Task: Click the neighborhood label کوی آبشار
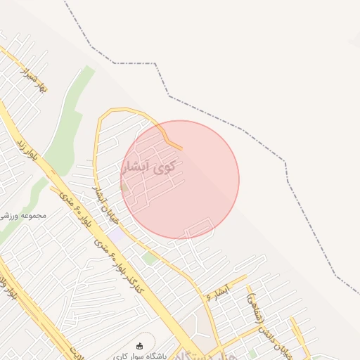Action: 153,167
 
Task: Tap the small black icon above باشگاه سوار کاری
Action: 139,345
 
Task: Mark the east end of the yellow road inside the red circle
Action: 181,148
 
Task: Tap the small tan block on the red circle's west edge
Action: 125,187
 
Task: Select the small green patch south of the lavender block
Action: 148,259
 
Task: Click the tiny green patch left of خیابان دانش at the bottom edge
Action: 252,354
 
